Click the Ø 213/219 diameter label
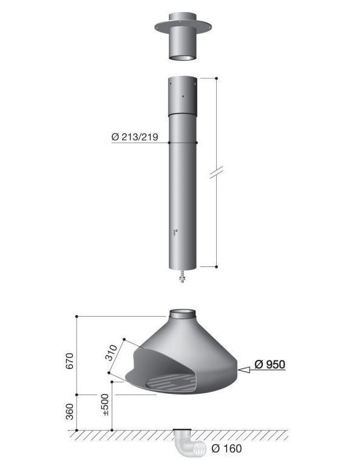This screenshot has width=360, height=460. (135, 137)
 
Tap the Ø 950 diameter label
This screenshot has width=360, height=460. (270, 364)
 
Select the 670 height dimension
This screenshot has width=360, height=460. (70, 361)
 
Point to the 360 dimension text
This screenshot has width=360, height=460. (70, 411)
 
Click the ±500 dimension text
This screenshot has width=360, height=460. (105, 405)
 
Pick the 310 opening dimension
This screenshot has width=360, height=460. (111, 353)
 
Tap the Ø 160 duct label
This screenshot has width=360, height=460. (227, 448)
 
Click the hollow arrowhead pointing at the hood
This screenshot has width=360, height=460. (244, 370)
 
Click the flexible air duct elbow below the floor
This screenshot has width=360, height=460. (187, 442)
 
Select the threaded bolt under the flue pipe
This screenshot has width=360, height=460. (182, 276)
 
